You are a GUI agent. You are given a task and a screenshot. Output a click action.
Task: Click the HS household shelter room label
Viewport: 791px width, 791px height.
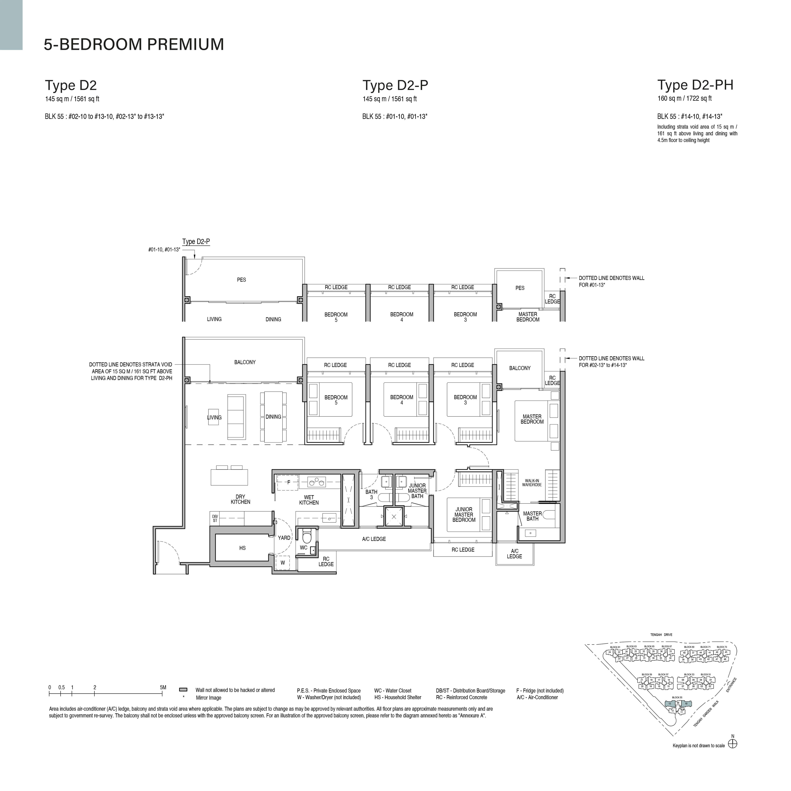click(242, 548)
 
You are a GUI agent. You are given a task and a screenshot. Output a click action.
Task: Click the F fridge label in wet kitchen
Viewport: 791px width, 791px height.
click(289, 482)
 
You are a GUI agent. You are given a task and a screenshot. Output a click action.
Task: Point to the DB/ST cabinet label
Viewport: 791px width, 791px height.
click(215, 518)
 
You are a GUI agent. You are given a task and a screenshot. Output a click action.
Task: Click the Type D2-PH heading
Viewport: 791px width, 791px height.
click(695, 85)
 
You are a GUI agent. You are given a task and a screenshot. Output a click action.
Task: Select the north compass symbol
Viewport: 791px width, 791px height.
click(732, 744)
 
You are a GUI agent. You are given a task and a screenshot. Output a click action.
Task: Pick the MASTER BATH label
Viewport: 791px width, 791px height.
click(532, 516)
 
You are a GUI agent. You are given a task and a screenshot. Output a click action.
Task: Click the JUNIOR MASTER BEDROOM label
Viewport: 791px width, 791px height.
click(464, 515)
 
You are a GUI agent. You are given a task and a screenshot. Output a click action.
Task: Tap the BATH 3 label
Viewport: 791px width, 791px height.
click(371, 495)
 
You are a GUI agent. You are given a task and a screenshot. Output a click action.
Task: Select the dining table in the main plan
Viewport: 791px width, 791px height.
click(273, 417)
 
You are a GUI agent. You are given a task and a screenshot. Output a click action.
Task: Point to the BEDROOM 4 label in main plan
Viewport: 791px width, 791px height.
click(402, 400)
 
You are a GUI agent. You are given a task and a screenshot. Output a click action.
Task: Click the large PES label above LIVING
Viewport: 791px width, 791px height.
click(242, 280)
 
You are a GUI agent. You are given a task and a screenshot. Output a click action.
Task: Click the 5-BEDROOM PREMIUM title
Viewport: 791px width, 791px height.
click(134, 44)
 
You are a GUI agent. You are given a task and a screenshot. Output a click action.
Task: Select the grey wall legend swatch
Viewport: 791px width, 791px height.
click(184, 690)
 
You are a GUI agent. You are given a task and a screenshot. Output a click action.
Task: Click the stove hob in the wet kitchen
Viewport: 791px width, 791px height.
click(317, 482)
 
